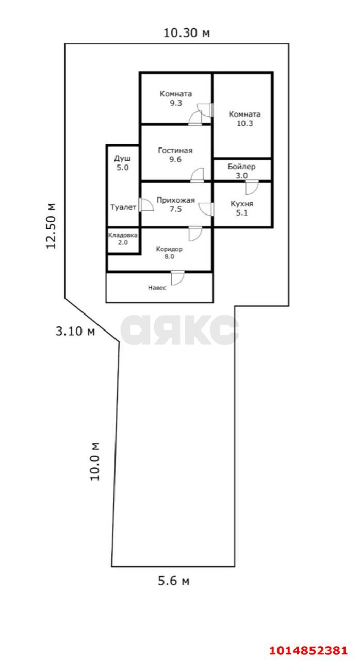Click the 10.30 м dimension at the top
(187, 33)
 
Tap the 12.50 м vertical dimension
(51, 226)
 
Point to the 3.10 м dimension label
(75, 331)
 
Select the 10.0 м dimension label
(94, 461)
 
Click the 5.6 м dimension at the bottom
(173, 581)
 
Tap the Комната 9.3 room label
(176, 98)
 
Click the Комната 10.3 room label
(244, 119)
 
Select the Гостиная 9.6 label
(175, 155)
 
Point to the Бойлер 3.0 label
(241, 171)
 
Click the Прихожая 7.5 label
(175, 205)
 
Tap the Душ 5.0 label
(122, 163)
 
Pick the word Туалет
(123, 207)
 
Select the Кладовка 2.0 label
(122, 239)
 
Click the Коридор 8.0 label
(169, 252)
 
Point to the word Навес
(157, 288)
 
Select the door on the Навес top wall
(177, 277)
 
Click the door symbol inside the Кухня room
(251, 187)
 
